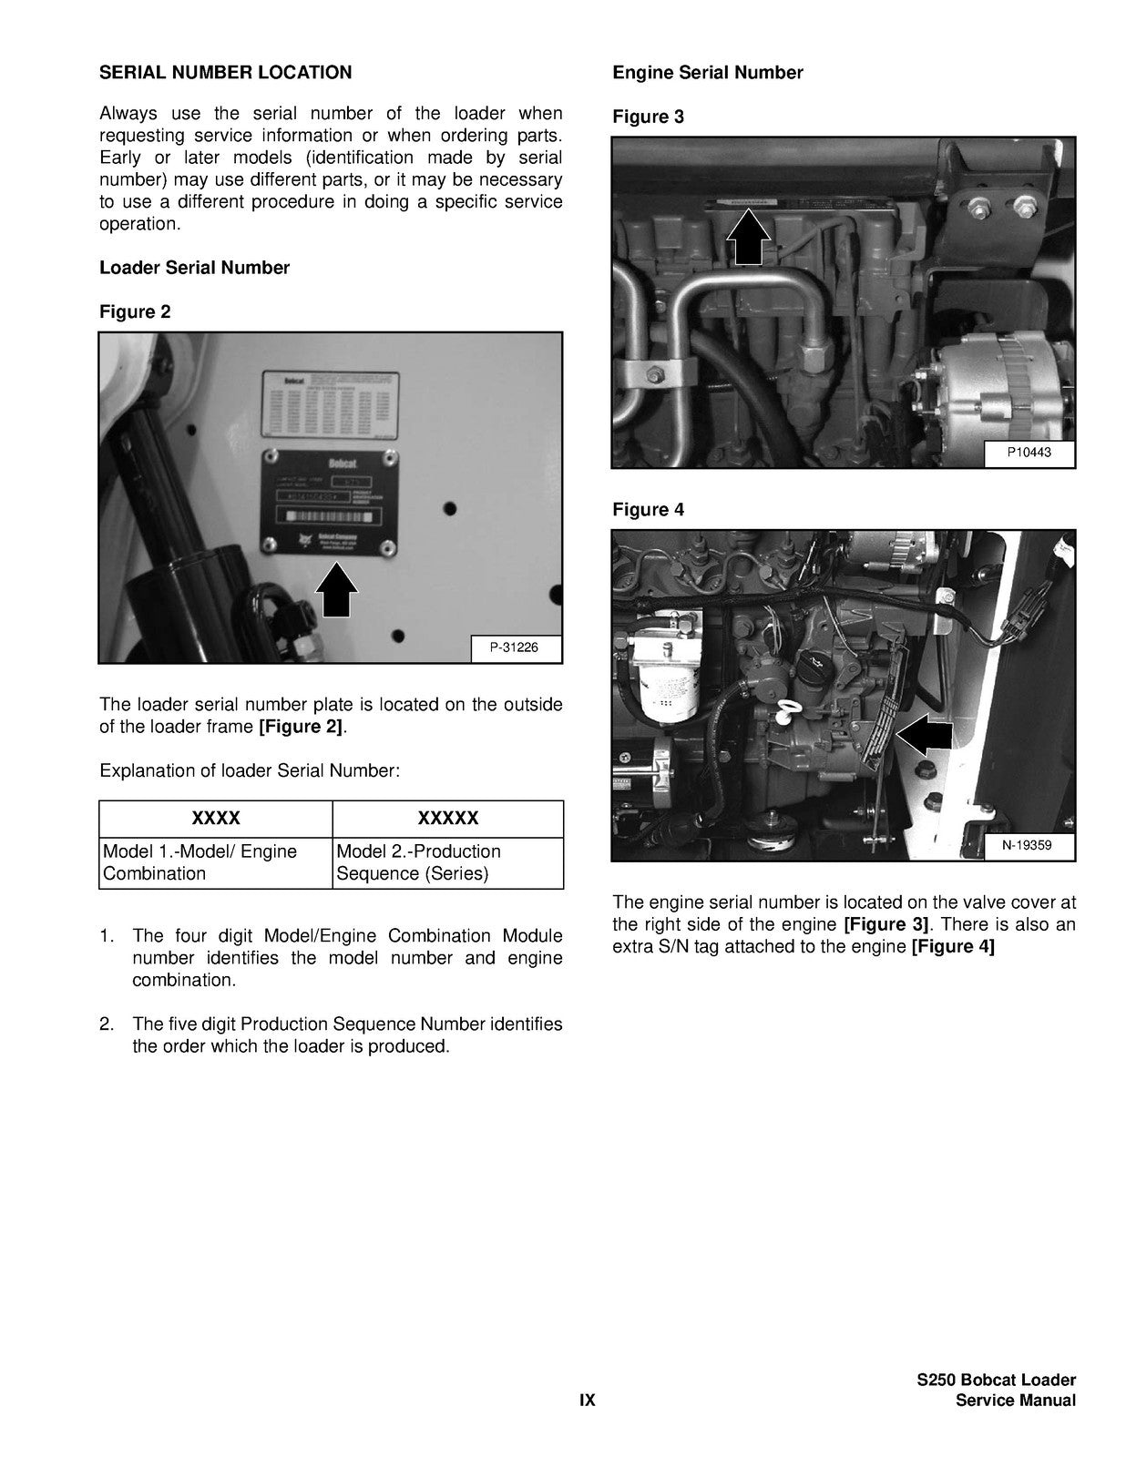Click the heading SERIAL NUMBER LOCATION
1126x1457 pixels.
point(225,72)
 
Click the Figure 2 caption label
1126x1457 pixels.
point(135,311)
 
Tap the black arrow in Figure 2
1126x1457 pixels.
point(335,591)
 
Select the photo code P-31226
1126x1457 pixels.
point(515,648)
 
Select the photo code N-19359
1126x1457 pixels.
point(1028,846)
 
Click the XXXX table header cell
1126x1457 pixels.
point(216,818)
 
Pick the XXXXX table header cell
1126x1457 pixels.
point(448,818)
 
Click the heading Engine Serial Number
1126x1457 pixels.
point(708,73)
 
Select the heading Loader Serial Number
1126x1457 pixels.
point(194,268)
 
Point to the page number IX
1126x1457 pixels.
point(588,1401)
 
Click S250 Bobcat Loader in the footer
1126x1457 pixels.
point(996,1381)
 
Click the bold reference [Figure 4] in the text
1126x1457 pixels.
point(953,946)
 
